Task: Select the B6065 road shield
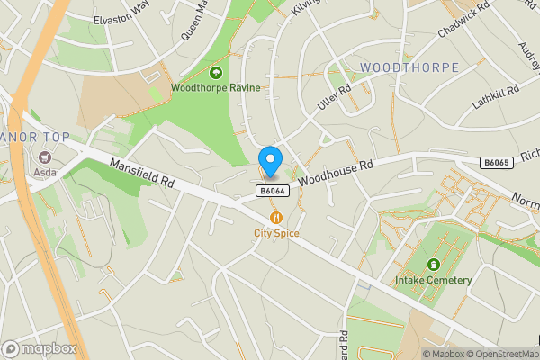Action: pyautogui.click(x=496, y=162)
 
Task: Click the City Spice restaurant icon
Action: pyautogui.click(x=275, y=217)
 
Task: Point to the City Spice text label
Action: pyautogui.click(x=275, y=233)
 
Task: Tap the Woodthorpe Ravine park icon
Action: pyautogui.click(x=216, y=72)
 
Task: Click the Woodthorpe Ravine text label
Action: pyautogui.click(x=216, y=88)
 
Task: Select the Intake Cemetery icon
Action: pyautogui.click(x=434, y=265)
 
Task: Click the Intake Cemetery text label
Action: pyautogui.click(x=433, y=280)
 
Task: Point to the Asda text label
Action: pyautogui.click(x=40, y=183)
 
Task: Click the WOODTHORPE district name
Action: pyautogui.click(x=409, y=68)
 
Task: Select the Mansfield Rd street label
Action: pyautogui.click(x=141, y=173)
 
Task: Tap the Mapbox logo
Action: pyautogui.click(x=38, y=348)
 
